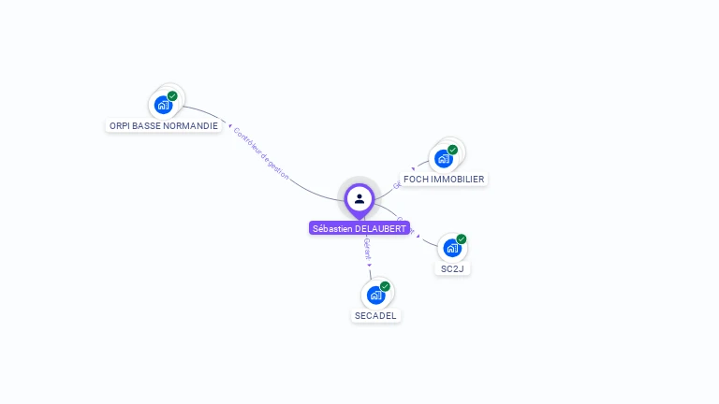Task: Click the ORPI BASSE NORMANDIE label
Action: (x=163, y=125)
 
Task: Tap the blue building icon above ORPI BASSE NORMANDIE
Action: (x=163, y=105)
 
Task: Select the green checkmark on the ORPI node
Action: (x=172, y=96)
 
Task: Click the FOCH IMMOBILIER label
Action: (x=444, y=179)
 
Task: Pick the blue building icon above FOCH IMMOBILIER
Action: (x=443, y=159)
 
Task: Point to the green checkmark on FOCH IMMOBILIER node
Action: (x=452, y=150)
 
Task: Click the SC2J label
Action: (x=452, y=268)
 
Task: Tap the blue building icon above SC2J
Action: (x=451, y=249)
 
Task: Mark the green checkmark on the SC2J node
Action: (x=461, y=239)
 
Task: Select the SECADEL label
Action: (x=375, y=315)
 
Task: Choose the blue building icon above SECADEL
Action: (x=375, y=296)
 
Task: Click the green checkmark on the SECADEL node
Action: (x=385, y=286)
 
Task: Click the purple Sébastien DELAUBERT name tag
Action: (x=359, y=228)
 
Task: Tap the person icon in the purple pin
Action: (x=359, y=198)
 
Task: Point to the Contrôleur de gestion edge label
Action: (x=261, y=153)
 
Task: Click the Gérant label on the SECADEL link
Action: (x=367, y=249)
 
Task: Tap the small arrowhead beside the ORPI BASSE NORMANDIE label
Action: (x=229, y=125)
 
